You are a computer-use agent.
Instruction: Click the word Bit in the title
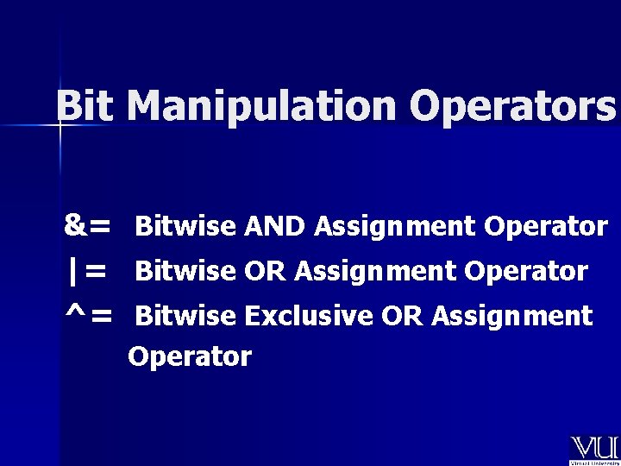point(87,106)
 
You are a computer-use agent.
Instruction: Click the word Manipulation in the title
point(264,107)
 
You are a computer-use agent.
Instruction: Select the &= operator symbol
point(87,226)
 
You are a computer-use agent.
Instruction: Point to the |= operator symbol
point(87,271)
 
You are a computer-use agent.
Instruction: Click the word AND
point(274,227)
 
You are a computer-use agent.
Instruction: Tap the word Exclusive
point(308,317)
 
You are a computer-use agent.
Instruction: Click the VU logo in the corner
point(594,449)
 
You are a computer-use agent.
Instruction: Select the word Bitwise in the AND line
point(185,227)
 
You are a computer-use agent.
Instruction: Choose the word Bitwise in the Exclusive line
point(185,317)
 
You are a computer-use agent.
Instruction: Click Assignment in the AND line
point(395,227)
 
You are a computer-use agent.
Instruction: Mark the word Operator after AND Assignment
point(546,227)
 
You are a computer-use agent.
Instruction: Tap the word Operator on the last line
point(190,356)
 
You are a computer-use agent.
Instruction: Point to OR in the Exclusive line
point(402,317)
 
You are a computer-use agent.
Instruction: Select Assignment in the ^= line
point(512,317)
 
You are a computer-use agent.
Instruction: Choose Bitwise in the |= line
point(185,272)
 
